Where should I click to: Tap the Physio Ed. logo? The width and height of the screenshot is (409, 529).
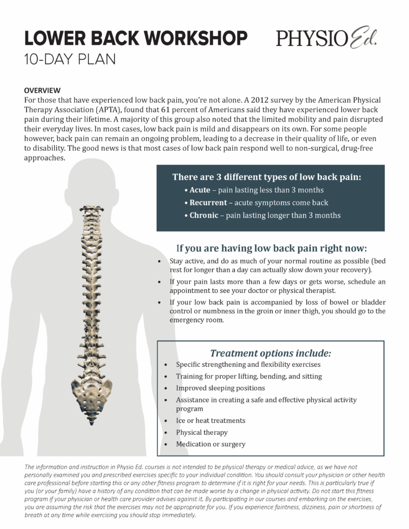326,37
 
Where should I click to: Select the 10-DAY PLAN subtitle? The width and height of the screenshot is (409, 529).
70,59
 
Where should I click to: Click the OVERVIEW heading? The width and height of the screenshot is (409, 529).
42,90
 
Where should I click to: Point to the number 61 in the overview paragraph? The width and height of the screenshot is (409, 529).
165,110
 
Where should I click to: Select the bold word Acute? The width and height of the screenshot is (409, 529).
200,190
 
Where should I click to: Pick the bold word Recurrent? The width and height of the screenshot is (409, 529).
208,203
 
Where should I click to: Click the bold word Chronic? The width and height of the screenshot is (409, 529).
204,215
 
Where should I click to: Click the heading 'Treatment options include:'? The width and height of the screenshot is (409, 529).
270,353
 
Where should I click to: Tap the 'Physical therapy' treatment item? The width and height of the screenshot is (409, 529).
202,432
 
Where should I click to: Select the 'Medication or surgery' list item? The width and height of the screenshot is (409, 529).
211,444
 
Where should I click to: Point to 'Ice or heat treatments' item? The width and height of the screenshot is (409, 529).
210,421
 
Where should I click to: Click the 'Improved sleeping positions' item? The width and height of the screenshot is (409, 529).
220,388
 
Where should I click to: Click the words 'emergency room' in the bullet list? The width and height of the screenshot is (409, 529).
196,320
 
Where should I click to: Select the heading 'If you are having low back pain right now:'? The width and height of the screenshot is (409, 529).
271,248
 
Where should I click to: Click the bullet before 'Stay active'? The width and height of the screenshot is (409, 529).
159,261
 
